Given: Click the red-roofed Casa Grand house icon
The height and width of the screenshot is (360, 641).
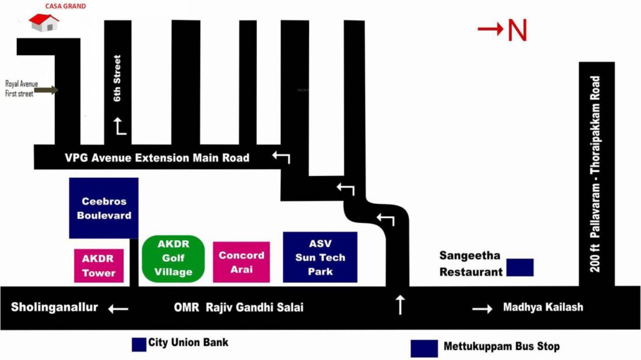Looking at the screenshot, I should point(44,23).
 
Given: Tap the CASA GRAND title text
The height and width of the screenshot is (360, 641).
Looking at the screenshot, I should point(66,6).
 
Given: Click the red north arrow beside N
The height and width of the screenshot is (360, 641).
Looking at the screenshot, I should point(490,29).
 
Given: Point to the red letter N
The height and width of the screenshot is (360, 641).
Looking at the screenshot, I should point(517,31).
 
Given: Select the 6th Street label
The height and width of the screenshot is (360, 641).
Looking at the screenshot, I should point(118,78).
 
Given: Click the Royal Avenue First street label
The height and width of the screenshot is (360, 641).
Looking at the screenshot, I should point(20,89).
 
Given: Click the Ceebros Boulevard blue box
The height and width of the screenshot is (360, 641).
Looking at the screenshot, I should point(104,208).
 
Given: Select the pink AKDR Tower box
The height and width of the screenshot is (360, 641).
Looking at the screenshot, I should point(98,265).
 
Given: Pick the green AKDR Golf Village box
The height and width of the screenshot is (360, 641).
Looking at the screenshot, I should point(173,258).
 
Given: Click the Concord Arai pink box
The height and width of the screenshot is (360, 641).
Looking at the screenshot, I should point(241,262).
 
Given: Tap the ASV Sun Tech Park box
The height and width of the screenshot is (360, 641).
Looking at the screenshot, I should point(320,257).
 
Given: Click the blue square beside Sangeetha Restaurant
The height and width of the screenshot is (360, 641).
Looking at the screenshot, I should point(520,267).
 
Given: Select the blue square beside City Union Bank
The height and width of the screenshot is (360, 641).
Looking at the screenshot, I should point(139,344).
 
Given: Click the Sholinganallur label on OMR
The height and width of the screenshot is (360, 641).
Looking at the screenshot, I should point(54,307).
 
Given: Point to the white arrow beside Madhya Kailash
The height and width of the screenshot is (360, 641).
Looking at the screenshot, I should point(482,309).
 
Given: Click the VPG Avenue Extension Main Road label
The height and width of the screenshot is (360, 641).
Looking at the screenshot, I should point(157,157).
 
